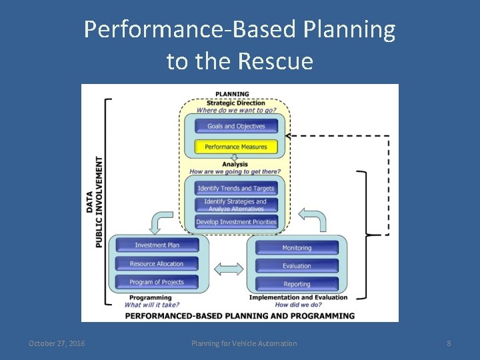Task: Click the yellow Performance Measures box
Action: (x=235, y=147)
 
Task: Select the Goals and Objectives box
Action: (x=235, y=126)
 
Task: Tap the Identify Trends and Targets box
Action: (x=235, y=189)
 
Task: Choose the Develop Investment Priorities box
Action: (x=235, y=222)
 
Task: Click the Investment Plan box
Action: (x=157, y=245)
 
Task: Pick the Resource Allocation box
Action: (x=157, y=264)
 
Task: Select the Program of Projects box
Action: (x=157, y=282)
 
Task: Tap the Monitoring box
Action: (x=297, y=248)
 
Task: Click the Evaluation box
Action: (x=297, y=266)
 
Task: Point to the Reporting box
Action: (x=297, y=285)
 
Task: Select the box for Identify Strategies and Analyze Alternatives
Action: (x=235, y=205)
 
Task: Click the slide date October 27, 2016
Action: (x=57, y=343)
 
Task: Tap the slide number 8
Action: (x=449, y=343)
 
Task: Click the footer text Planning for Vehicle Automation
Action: (x=244, y=343)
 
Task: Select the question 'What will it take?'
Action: (x=151, y=305)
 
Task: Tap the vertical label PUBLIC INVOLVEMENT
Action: (x=99, y=202)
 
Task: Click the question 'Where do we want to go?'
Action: (x=235, y=111)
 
